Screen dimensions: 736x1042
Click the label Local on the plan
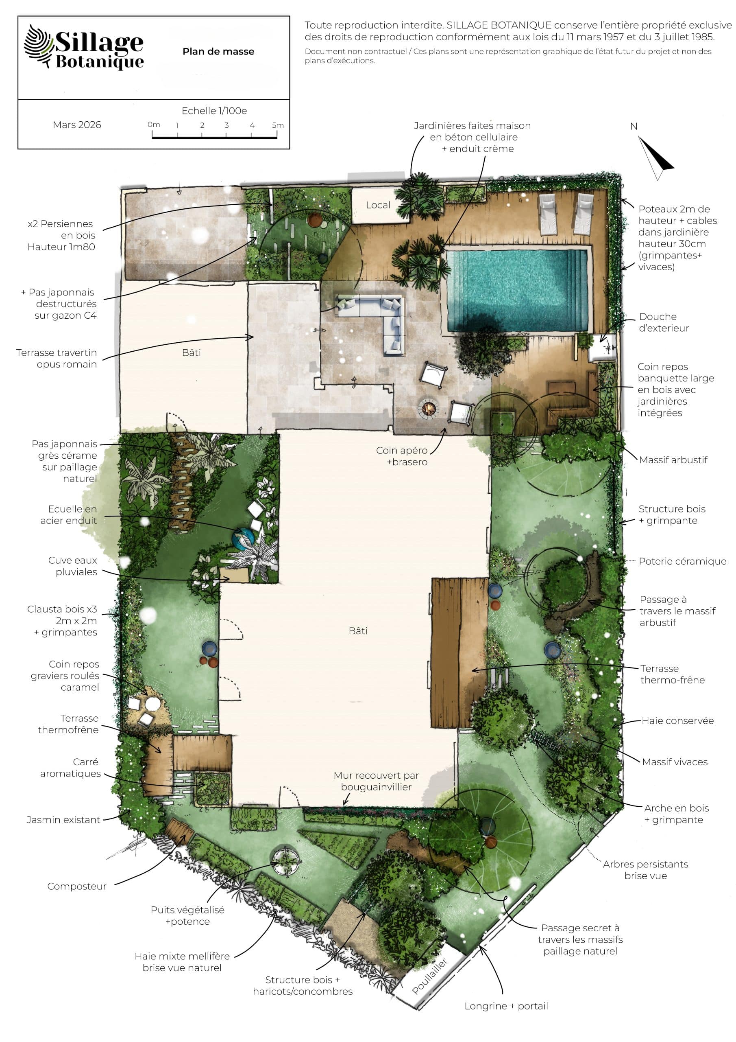(378, 205)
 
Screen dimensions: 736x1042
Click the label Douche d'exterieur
(664, 322)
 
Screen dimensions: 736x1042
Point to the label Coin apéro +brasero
(402, 456)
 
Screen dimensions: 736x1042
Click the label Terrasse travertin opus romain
(57, 359)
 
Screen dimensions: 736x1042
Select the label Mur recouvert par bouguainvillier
(376, 781)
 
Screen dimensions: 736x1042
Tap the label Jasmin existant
(63, 820)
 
